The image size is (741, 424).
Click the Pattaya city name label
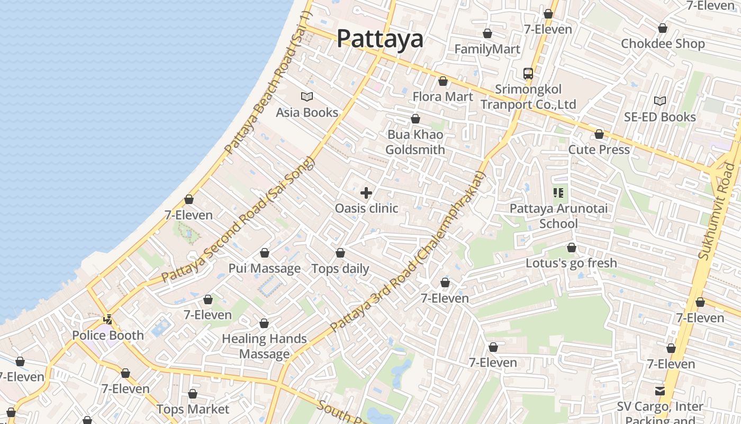tap(380, 39)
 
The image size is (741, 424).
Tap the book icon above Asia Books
tap(307, 96)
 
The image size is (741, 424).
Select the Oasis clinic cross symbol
tap(366, 193)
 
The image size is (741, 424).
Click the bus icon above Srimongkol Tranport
tap(528, 74)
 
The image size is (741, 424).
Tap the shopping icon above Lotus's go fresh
tap(571, 248)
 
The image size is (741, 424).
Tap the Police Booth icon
tap(108, 320)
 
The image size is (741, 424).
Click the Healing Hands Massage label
tap(264, 346)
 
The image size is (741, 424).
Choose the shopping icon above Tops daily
tap(340, 253)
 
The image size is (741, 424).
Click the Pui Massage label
tap(264, 268)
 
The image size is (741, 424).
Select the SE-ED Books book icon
tap(659, 101)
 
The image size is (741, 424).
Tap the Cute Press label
tap(599, 149)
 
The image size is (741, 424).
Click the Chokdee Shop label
tap(663, 43)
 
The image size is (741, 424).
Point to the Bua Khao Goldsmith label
tap(415, 142)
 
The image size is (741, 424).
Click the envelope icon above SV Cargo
tap(660, 391)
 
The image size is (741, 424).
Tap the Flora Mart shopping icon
tap(443, 81)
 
